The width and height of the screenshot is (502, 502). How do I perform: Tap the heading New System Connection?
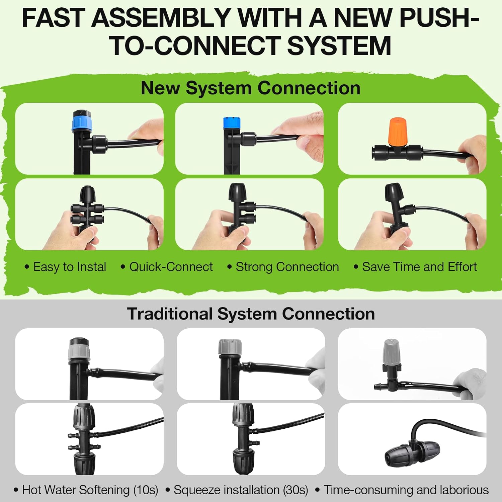click(x=251, y=88)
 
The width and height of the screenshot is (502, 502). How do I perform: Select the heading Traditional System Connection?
click(x=251, y=314)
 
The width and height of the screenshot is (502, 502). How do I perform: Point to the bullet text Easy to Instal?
click(x=70, y=267)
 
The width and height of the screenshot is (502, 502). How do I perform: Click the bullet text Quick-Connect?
click(x=171, y=267)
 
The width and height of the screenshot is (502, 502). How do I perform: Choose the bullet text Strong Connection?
click(x=287, y=267)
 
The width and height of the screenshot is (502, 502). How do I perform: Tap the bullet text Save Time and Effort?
click(x=419, y=267)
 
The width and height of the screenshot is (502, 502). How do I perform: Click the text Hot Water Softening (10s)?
click(x=90, y=490)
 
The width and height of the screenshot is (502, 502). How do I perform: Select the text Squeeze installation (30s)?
click(x=241, y=490)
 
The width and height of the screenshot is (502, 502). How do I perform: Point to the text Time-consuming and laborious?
click(x=406, y=490)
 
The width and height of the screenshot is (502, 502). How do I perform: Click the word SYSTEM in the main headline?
click(x=339, y=46)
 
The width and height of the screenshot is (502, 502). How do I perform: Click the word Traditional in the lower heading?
click(x=170, y=314)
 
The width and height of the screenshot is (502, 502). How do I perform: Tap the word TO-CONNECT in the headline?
click(x=195, y=46)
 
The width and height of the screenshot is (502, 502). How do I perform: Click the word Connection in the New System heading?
click(x=309, y=88)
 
